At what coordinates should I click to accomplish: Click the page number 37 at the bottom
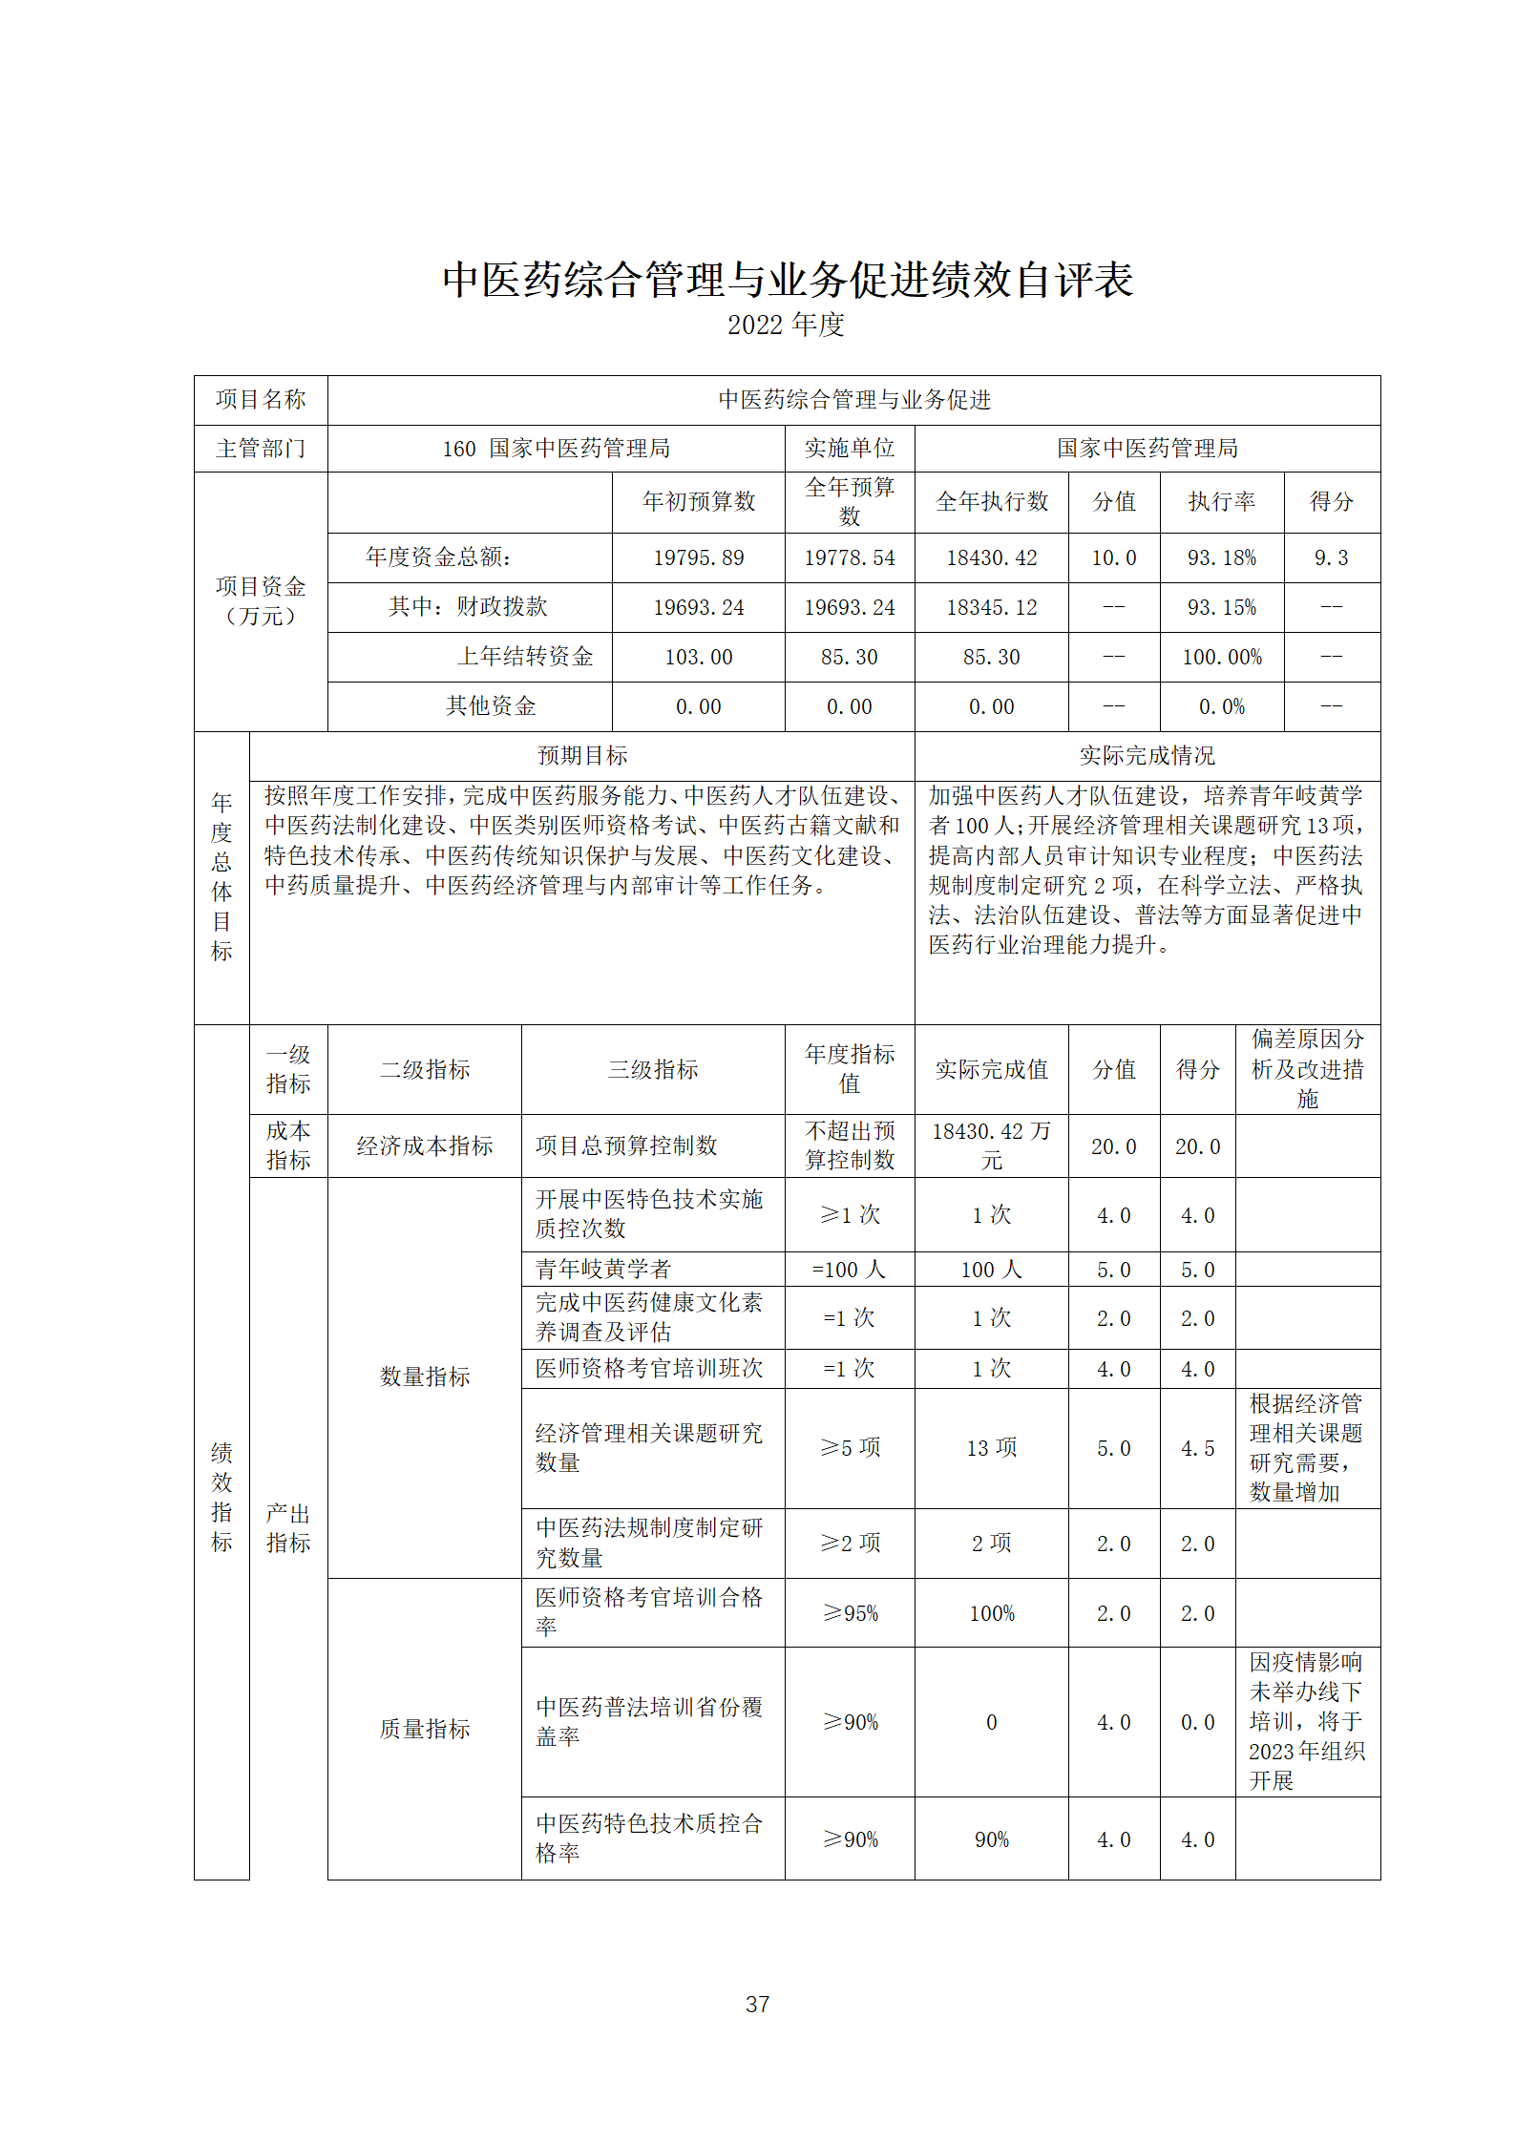point(757,2004)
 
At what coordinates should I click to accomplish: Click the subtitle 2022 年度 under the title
point(786,325)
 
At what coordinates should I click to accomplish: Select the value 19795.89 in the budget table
point(698,557)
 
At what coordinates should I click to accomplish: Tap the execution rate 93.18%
point(1221,557)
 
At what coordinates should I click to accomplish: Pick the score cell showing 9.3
point(1331,557)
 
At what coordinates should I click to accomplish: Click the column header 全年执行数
point(991,502)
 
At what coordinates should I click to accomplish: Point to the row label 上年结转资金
point(525,657)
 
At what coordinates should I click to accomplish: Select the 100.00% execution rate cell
point(1221,657)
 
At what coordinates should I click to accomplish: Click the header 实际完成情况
point(1147,756)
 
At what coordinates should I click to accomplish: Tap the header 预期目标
point(582,756)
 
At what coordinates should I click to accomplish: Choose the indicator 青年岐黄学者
point(603,1269)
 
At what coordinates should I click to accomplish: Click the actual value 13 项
point(991,1447)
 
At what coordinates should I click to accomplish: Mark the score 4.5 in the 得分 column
point(1197,1448)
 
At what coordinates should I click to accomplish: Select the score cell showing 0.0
point(1197,1722)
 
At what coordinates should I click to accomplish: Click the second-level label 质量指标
point(425,1729)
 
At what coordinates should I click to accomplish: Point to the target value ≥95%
point(850,1613)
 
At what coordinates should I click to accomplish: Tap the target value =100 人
point(849,1270)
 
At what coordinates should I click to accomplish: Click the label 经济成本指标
point(425,1145)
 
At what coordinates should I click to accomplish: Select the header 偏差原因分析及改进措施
point(1307,1069)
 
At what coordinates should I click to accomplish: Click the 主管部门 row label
point(261,449)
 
